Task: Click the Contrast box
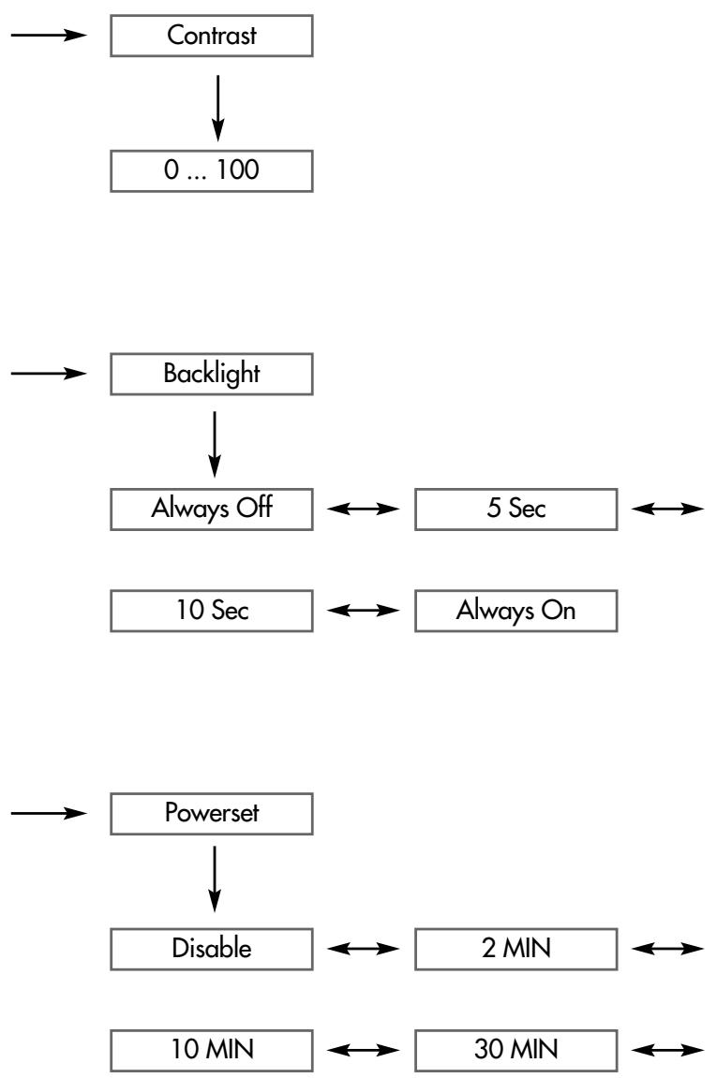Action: (211, 36)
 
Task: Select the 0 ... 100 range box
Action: (211, 171)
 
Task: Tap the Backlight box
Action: (211, 374)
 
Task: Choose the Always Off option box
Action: (211, 509)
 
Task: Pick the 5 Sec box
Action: (516, 509)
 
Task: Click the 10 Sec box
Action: (211, 611)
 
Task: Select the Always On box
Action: (516, 611)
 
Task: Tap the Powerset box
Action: (211, 814)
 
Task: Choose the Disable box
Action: (211, 950)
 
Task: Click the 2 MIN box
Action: (516, 950)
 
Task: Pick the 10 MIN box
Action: (211, 1051)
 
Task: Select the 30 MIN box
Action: (516, 1051)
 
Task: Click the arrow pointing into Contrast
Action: (49, 35)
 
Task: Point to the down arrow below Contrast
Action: (217, 108)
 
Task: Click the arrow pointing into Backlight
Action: (49, 374)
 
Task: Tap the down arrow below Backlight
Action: (215, 445)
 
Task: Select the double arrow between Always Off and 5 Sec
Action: (364, 509)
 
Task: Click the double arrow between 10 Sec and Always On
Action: (364, 611)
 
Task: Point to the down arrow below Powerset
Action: (215, 879)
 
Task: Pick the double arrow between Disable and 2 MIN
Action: (364, 950)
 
